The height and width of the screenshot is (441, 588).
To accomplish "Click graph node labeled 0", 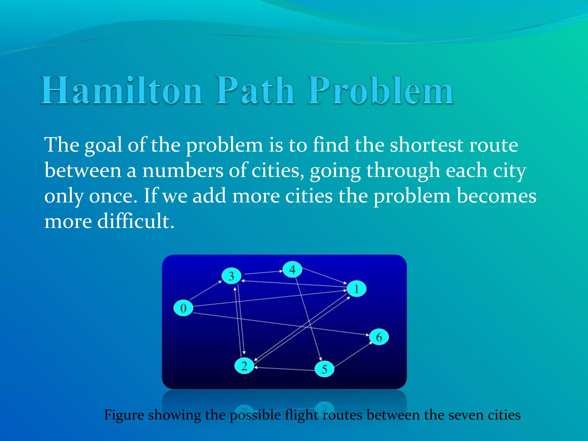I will (x=183, y=308).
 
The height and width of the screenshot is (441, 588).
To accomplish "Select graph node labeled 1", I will (x=357, y=289).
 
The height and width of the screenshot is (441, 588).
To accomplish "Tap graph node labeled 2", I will (x=244, y=366).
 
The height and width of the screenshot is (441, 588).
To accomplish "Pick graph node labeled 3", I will (x=231, y=276).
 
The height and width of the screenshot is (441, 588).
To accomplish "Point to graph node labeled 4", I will (x=292, y=270).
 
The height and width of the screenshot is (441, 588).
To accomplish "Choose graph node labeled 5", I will (x=324, y=369).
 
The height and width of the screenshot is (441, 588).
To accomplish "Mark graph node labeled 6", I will (x=379, y=337).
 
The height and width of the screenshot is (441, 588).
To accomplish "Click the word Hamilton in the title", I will (x=121, y=90).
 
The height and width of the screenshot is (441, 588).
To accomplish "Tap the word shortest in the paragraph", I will (x=426, y=145).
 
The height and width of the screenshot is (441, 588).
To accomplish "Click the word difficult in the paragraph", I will (x=136, y=221).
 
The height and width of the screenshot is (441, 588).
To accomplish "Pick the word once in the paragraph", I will (x=113, y=196).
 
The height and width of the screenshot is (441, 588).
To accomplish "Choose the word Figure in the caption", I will (x=124, y=415).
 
